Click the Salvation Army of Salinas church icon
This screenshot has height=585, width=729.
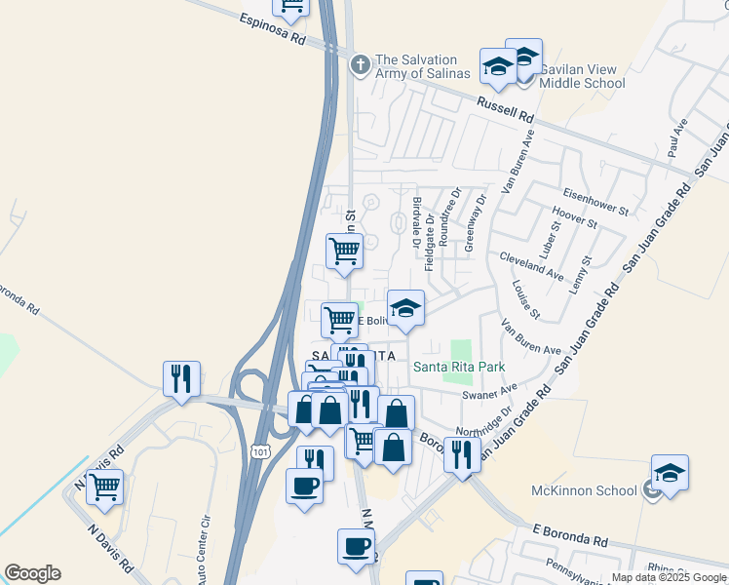tap(360, 64)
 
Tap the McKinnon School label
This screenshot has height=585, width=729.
tap(584, 490)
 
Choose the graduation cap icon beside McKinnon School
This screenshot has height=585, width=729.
tap(670, 472)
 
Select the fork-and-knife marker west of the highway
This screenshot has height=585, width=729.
tap(181, 377)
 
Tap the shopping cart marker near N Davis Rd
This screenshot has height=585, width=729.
tap(104, 486)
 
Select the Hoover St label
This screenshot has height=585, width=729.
tap(574, 216)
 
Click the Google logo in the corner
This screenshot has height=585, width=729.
tap(32, 573)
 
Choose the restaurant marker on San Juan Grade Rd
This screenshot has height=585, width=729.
tap(462, 453)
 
